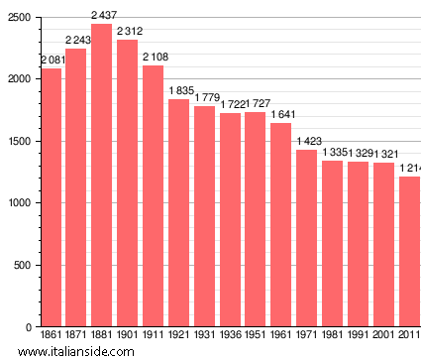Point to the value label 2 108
[x=154, y=57]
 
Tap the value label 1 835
[x=179, y=90]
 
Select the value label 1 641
[x=281, y=115]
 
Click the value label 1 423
[x=307, y=142]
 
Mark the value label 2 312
[x=128, y=32]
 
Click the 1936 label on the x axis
[x=230, y=337]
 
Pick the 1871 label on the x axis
[x=76, y=337]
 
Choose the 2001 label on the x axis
[x=383, y=337]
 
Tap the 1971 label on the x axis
[x=307, y=337]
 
